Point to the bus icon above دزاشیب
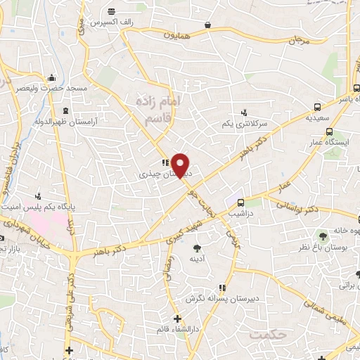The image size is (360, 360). (242, 199)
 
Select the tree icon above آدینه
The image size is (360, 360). (197, 247)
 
